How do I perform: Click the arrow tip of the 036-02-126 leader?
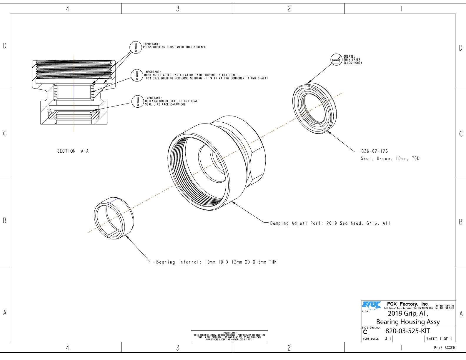tap(327, 131)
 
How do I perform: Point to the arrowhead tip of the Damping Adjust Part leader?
tap(232, 201)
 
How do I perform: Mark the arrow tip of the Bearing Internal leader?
tap(125, 235)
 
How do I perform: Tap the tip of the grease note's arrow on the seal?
tap(307, 83)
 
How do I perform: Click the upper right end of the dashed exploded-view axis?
tap(342, 93)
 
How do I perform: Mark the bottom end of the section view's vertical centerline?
tap(74, 132)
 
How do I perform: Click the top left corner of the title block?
tap(361, 301)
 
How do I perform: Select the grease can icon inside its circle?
tap(336, 60)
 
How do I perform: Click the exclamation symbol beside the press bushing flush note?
tap(136, 47)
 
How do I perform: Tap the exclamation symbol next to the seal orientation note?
tap(137, 101)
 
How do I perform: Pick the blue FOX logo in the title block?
tap(371, 306)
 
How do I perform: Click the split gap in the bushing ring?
tap(114, 234)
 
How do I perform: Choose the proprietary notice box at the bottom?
tap(229, 336)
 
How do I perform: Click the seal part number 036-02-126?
tap(375, 151)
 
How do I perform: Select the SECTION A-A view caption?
tap(73, 151)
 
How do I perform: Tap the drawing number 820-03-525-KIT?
tap(407, 331)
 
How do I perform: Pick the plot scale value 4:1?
tap(388, 339)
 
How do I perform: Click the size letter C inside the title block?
tap(365, 332)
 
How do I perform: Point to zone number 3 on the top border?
tap(178, 9)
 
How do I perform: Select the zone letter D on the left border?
tap(5, 46)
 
